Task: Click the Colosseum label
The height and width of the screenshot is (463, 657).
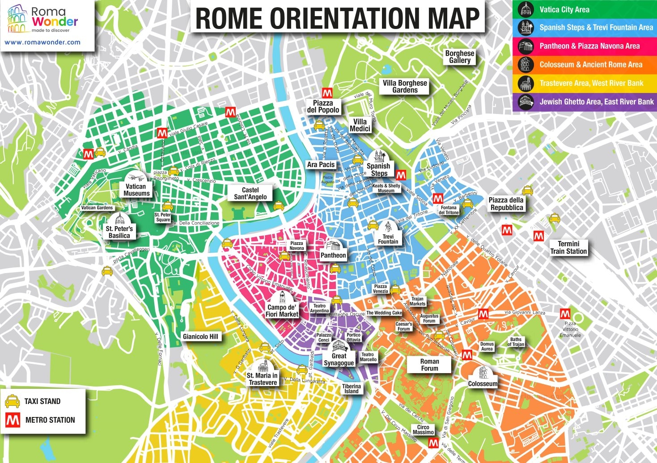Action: (x=483, y=383)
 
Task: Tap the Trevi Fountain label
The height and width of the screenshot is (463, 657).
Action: (x=388, y=239)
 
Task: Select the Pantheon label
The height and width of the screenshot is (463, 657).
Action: (x=333, y=255)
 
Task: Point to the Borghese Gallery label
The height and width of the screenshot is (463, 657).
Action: (x=459, y=57)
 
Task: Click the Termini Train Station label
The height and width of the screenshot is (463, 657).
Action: (x=568, y=248)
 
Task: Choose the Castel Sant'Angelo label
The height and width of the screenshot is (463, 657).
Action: (x=250, y=194)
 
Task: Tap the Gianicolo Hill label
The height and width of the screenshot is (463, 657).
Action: (x=200, y=337)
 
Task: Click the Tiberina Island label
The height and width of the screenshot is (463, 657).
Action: (x=351, y=389)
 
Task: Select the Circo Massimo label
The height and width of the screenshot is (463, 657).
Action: (x=423, y=429)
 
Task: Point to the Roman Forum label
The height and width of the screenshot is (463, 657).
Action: (x=429, y=365)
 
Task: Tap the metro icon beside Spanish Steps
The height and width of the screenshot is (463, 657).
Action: (x=401, y=175)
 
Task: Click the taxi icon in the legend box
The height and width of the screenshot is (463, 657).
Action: (x=12, y=401)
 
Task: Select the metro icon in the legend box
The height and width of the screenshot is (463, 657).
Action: (x=12, y=420)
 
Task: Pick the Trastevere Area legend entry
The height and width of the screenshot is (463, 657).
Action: (x=591, y=83)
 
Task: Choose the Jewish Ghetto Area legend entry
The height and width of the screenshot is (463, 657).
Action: (x=596, y=102)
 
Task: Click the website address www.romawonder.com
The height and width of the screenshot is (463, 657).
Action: (x=42, y=42)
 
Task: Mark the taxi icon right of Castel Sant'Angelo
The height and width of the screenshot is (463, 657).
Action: (x=279, y=206)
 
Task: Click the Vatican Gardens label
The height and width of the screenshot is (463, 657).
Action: (x=97, y=208)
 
